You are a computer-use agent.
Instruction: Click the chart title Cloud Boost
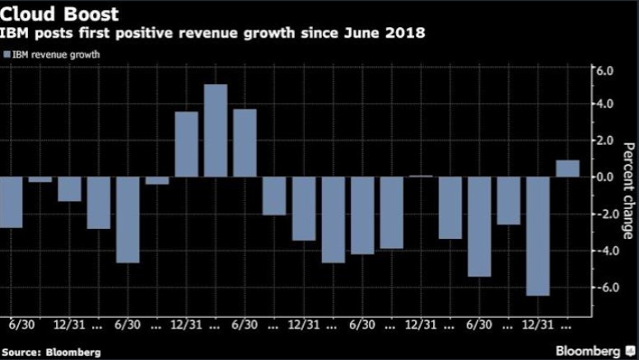pos(59,13)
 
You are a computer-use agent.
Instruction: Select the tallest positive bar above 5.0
pos(216,130)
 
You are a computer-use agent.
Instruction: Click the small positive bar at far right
pos(567,168)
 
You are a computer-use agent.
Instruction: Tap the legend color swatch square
pos(7,55)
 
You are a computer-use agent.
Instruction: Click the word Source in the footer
pos(20,352)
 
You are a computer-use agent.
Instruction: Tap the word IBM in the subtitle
pos(16,34)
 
